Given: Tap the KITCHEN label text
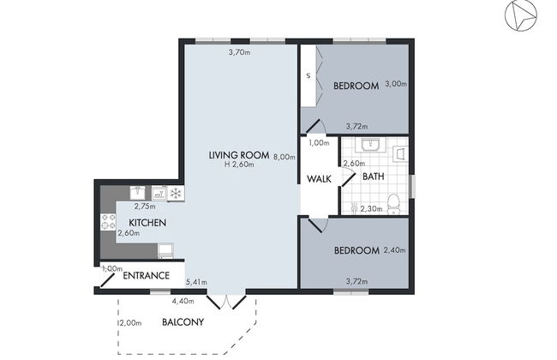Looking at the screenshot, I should click(147, 223).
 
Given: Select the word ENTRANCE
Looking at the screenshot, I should click(152, 276).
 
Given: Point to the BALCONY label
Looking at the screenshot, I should click(183, 322).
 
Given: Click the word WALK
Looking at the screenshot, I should click(320, 178).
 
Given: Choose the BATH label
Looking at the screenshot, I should click(373, 177).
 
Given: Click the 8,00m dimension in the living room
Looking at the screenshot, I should click(284, 157).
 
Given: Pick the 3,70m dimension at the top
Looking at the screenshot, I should click(239, 52).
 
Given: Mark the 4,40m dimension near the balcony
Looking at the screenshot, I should click(182, 301).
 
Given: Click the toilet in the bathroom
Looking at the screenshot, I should click(392, 203).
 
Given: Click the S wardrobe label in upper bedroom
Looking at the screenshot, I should click(308, 77).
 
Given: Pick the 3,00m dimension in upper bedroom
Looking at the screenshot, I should click(395, 83).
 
